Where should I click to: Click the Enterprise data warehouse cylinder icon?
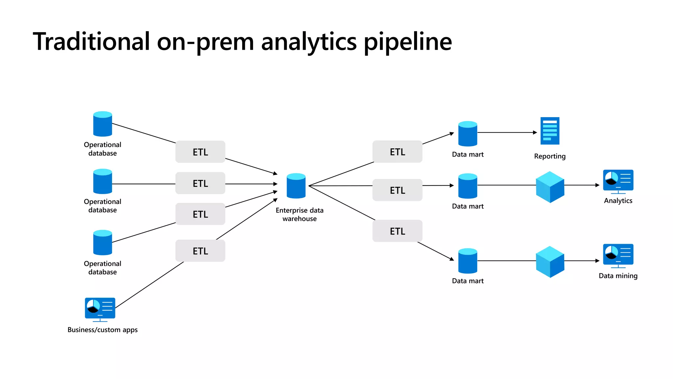click(x=296, y=186)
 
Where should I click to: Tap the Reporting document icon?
click(x=550, y=131)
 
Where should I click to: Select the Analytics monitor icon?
click(x=618, y=181)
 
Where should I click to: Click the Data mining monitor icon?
click(x=618, y=255)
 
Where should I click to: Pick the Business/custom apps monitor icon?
click(x=100, y=309)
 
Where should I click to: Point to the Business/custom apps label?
click(x=103, y=330)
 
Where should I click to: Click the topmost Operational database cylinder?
click(x=103, y=124)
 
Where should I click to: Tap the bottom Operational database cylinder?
click(x=103, y=243)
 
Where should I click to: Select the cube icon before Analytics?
click(x=550, y=187)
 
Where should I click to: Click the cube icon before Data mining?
click(x=550, y=262)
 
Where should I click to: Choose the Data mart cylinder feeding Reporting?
click(x=468, y=134)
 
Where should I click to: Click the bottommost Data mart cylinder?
click(x=468, y=261)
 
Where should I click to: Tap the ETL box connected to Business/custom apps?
click(x=200, y=251)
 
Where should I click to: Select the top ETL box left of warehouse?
click(x=200, y=152)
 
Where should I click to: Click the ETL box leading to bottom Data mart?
click(x=397, y=231)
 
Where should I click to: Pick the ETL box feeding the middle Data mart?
click(x=397, y=190)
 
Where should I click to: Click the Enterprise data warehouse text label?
click(x=299, y=215)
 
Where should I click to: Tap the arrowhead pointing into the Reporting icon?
click(x=535, y=133)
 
